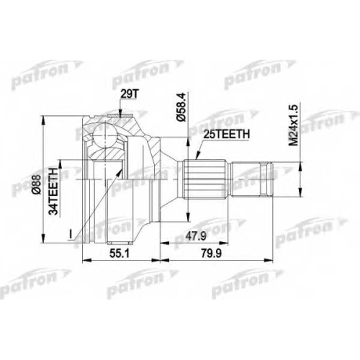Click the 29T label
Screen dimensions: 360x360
click(130, 95)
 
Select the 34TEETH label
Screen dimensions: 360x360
click(53, 188)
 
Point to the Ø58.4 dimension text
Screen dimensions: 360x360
click(181, 107)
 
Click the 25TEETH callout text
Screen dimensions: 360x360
click(227, 135)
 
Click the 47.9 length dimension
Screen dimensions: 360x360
click(196, 236)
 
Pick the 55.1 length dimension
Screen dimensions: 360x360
click(120, 253)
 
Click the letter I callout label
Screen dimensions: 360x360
click(71, 234)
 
